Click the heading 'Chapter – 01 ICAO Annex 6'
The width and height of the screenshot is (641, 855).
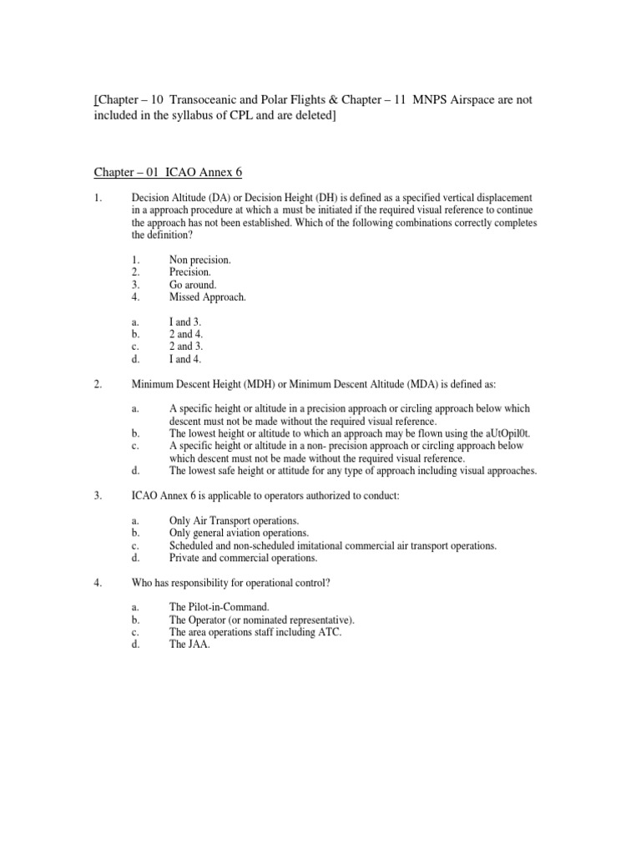pos(167,172)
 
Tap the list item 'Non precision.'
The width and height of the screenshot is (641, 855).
pos(199,261)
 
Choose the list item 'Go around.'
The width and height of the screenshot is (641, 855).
pos(193,284)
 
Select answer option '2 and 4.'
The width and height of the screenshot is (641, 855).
pos(186,334)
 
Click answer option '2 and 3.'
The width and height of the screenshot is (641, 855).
pos(186,346)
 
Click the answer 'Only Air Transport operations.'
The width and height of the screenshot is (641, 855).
pos(235,521)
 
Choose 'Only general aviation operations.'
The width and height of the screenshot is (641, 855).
pos(239,533)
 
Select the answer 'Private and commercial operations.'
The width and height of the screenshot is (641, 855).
pos(243,557)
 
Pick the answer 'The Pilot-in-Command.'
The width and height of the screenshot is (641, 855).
pos(220,608)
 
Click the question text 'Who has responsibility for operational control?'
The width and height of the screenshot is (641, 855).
pos(231,583)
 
